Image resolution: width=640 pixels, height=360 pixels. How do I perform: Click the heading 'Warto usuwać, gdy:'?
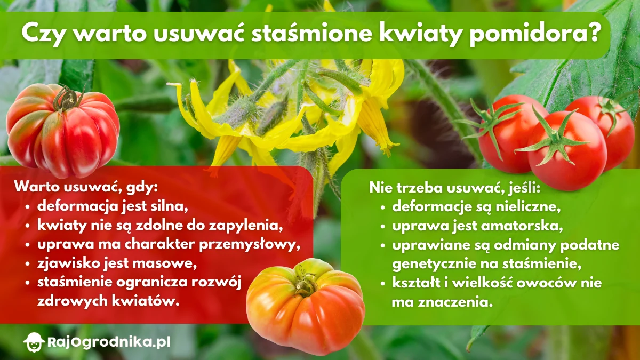87,188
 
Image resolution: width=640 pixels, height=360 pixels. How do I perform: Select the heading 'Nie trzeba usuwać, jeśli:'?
455,188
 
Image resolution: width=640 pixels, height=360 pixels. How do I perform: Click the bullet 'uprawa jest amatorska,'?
478,226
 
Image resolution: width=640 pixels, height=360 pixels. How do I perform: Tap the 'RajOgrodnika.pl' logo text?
109,341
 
